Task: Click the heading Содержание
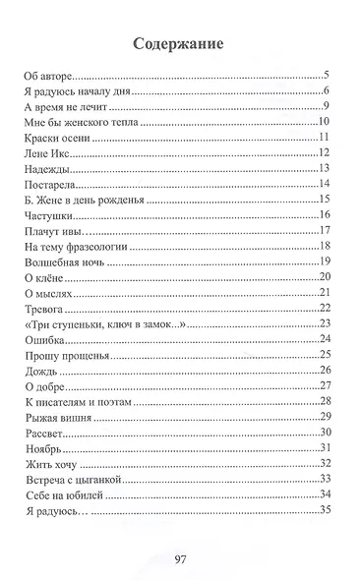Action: [x=180, y=45]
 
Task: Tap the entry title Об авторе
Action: [x=47, y=76]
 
